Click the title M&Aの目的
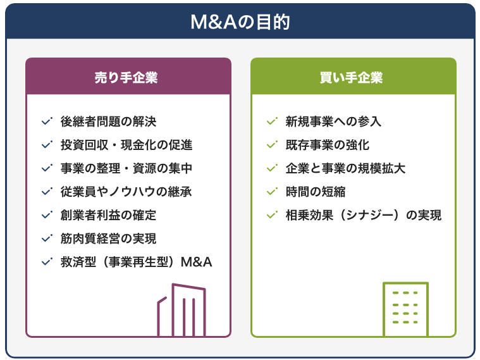point(240,22)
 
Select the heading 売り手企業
point(126,77)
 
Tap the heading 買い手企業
point(351,77)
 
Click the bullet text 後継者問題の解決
point(108,121)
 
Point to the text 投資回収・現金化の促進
point(126,145)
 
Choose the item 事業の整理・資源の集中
point(126,168)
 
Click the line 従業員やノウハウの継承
point(126,192)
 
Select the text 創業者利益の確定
point(108,215)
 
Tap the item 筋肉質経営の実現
point(108,239)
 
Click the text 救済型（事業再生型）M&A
point(136,262)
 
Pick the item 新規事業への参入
point(333,121)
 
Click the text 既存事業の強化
point(328,145)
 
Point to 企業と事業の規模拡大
point(345,168)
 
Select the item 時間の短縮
point(316,192)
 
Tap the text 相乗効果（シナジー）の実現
point(364,215)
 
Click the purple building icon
point(173,309)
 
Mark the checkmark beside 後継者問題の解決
point(47,121)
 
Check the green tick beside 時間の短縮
point(272,192)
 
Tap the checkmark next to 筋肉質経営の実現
point(47,238)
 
